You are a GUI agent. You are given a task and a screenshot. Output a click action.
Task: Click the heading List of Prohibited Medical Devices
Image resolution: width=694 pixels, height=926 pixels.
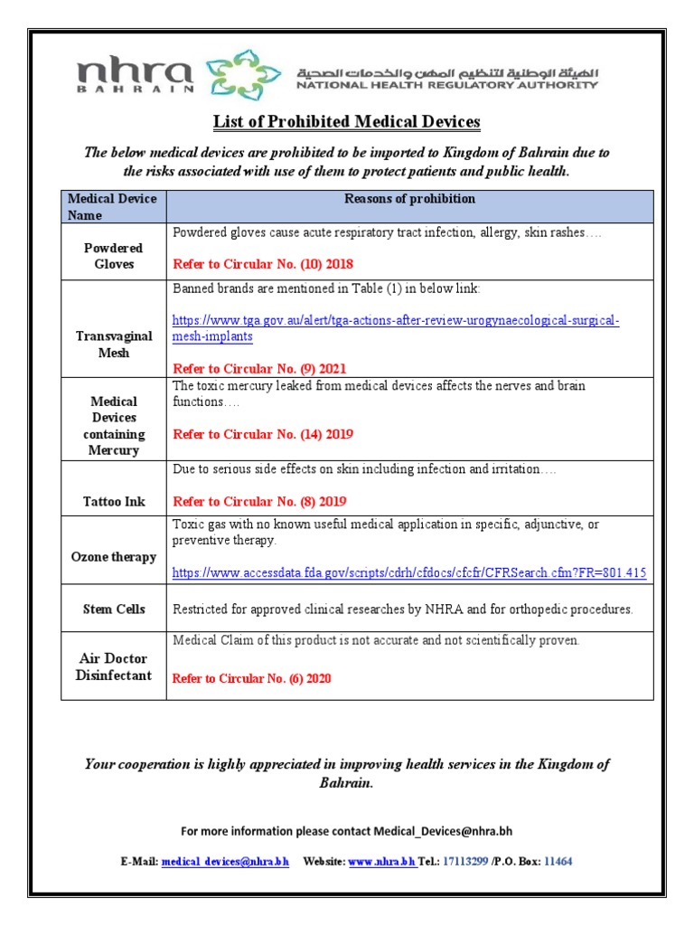(346, 121)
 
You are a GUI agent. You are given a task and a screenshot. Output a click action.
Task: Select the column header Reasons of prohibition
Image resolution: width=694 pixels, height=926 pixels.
(409, 199)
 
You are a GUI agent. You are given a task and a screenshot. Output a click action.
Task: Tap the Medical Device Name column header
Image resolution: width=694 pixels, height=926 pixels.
(113, 207)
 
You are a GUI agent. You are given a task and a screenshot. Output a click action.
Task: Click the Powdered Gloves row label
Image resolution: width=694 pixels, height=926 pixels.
(113, 256)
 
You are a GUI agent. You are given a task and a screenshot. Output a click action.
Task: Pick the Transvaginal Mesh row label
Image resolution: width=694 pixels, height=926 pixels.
(113, 345)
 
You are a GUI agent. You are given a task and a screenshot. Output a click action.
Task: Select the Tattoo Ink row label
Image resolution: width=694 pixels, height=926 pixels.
(113, 502)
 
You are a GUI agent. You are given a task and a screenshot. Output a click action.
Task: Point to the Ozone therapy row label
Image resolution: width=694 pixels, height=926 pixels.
(113, 557)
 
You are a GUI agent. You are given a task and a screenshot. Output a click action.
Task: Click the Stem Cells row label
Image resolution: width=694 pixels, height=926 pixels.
(113, 609)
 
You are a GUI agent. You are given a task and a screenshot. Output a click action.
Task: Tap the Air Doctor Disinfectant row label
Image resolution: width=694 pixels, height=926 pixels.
(113, 667)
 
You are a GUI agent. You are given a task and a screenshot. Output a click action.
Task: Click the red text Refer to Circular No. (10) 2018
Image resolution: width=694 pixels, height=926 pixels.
(263, 265)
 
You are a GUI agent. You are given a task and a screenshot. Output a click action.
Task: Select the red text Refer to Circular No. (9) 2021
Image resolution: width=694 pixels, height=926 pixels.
(259, 369)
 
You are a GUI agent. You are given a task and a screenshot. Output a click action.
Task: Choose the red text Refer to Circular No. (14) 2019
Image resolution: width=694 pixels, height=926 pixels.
(263, 435)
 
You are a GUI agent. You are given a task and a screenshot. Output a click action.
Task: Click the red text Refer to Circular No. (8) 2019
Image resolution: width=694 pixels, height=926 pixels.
(259, 502)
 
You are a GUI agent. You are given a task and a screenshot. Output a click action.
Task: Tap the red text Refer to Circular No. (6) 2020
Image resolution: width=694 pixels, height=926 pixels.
(252, 678)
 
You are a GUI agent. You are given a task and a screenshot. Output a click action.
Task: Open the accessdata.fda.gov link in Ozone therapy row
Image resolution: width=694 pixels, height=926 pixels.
(409, 573)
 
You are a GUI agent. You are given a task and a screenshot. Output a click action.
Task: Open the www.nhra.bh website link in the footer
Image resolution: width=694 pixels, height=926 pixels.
(381, 862)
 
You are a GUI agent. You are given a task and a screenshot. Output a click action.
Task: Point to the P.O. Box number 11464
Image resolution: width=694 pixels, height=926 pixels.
(558, 862)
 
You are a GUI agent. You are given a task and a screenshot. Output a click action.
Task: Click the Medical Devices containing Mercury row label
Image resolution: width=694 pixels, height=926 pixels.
(113, 426)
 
